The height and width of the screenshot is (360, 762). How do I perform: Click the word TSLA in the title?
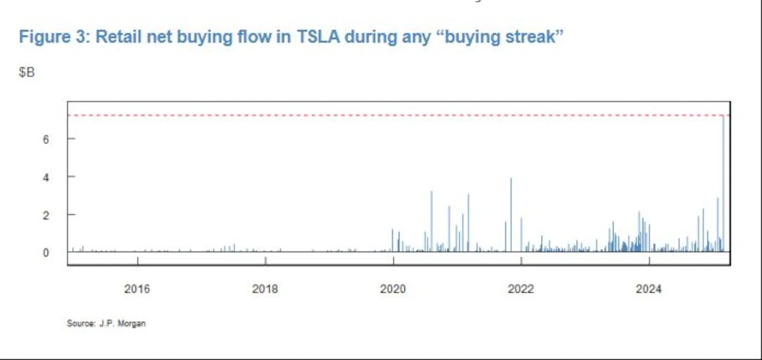pos(319,37)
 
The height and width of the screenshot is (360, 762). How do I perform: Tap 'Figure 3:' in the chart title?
pos(55,37)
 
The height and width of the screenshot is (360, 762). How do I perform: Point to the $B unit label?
pos(26,72)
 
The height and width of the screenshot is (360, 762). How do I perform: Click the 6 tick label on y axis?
pos(46,139)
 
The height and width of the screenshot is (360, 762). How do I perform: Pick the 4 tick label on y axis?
pos(46,177)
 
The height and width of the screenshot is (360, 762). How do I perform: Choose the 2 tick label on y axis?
pos(46,215)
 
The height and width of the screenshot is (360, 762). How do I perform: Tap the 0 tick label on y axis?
pos(46,253)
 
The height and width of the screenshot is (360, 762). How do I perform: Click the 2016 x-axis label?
pos(137,289)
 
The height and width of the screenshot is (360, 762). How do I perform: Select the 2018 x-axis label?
pos(265,289)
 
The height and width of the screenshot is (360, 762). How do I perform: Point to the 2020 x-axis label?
pos(393,289)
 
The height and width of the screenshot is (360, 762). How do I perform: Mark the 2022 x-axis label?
pos(521,289)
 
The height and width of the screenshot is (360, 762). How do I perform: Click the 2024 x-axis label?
pos(649,289)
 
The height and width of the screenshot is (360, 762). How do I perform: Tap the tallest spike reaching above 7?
pos(723,184)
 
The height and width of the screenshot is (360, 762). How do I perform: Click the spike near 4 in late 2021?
pos(511,215)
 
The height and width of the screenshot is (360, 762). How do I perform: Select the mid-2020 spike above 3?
pos(431,221)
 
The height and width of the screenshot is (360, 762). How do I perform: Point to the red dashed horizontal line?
pos(398,115)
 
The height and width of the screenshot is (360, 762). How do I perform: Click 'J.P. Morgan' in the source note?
pos(122,323)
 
